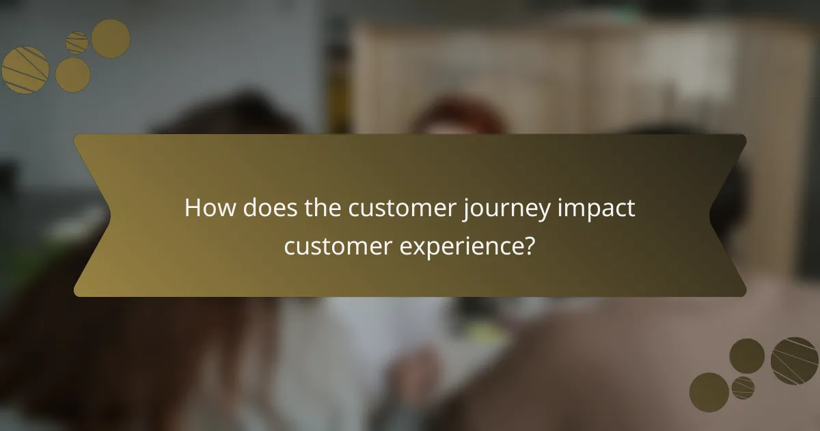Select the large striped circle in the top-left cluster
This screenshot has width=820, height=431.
coord(25,70)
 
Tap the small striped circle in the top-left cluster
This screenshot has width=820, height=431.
coord(77,42)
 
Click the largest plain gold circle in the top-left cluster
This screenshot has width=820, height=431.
coord(111,38)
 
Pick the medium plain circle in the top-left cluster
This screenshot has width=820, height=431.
coord(72,75)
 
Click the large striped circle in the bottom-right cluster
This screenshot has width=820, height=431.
coord(794,361)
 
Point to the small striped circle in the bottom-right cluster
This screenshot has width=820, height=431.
coord(743,387)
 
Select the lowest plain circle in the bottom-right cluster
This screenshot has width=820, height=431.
coord(709,392)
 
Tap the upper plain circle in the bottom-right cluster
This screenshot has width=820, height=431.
coord(747,356)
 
